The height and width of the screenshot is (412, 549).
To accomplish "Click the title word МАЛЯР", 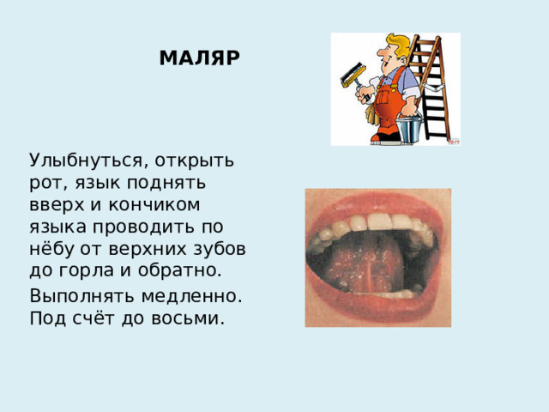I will [200, 58].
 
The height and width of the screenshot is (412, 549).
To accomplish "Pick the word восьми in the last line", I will [192, 319].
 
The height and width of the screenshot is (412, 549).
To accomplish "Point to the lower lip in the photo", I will [377, 311].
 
